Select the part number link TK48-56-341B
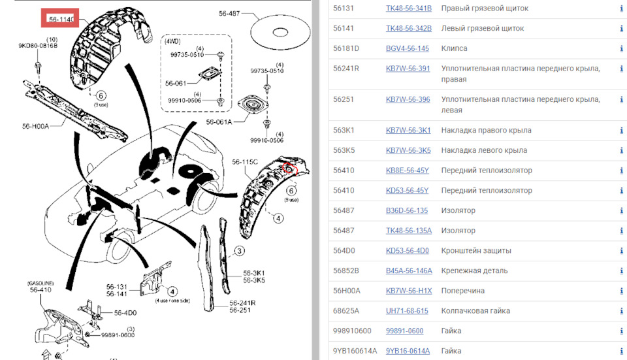click(409, 8)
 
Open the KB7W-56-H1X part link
click(409, 291)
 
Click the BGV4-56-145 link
click(407, 48)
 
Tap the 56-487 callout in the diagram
click(229, 14)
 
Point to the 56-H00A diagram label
click(35, 126)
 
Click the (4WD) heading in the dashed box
click(172, 42)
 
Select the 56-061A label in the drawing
click(219, 122)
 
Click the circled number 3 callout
click(239, 251)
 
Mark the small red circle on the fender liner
click(290, 168)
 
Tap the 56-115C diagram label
click(245, 162)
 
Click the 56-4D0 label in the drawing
click(125, 313)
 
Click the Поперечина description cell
click(462, 291)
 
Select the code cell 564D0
click(344, 251)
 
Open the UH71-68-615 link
click(407, 311)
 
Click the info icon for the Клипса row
click(621, 48)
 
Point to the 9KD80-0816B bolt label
click(38, 46)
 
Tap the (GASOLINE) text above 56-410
click(40, 283)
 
